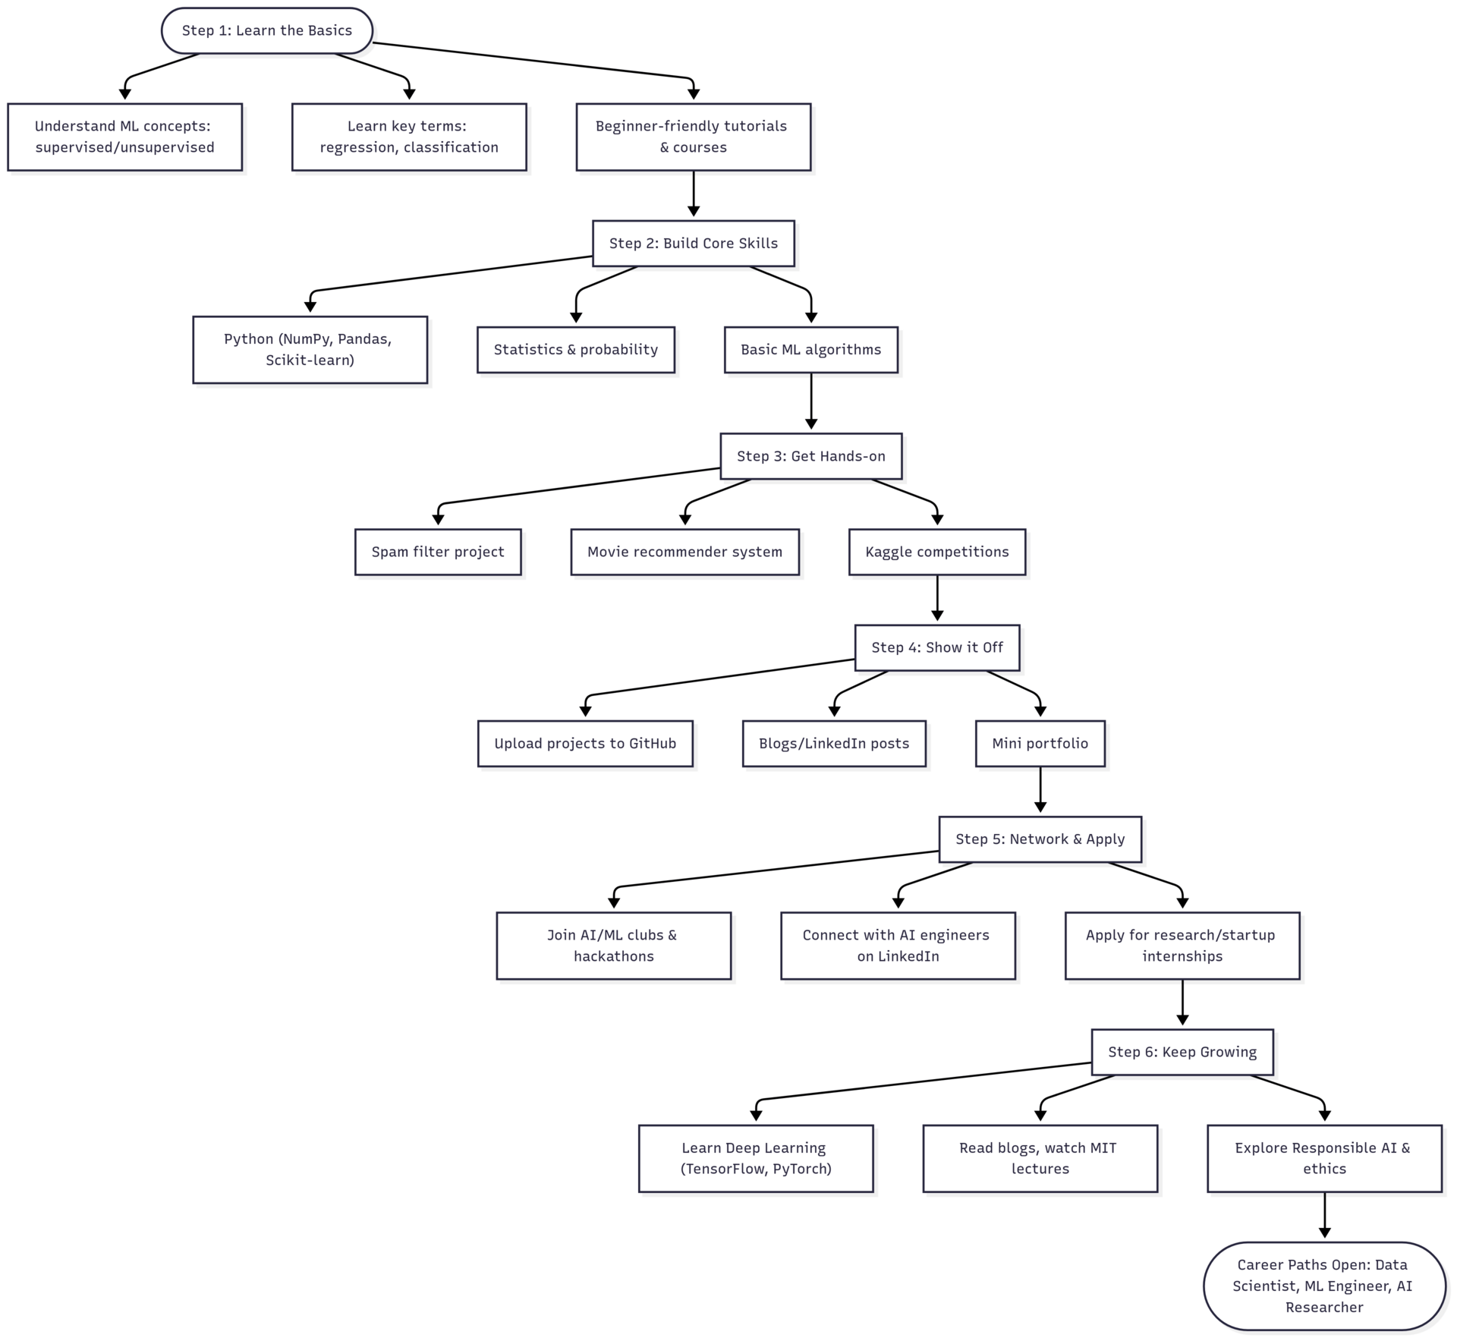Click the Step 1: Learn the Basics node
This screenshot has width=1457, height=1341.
point(266,31)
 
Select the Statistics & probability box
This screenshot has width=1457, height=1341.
point(575,350)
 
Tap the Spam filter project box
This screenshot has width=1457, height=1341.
point(438,552)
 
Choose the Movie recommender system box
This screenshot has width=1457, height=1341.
point(684,552)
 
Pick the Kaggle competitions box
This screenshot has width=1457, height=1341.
point(936,552)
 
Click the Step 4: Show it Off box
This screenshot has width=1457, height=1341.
point(936,647)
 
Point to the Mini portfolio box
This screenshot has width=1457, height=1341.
point(1040,743)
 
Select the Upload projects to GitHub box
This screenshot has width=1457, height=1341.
point(585,743)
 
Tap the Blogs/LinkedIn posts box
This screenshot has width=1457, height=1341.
point(833,743)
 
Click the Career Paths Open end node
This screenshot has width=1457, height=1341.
point(1324,1286)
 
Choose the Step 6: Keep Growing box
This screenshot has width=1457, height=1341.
point(1182,1052)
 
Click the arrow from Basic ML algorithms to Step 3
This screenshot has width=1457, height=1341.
point(811,402)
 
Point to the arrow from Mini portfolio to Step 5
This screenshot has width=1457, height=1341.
point(1040,791)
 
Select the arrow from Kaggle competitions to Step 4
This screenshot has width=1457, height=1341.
point(937,600)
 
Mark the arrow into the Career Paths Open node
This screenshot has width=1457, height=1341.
point(1324,1217)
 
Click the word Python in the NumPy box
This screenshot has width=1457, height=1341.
point(248,339)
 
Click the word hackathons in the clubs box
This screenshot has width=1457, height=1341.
point(613,956)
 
